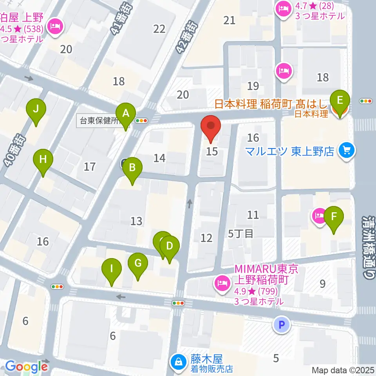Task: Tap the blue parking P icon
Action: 282,324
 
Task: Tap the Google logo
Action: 26,367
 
